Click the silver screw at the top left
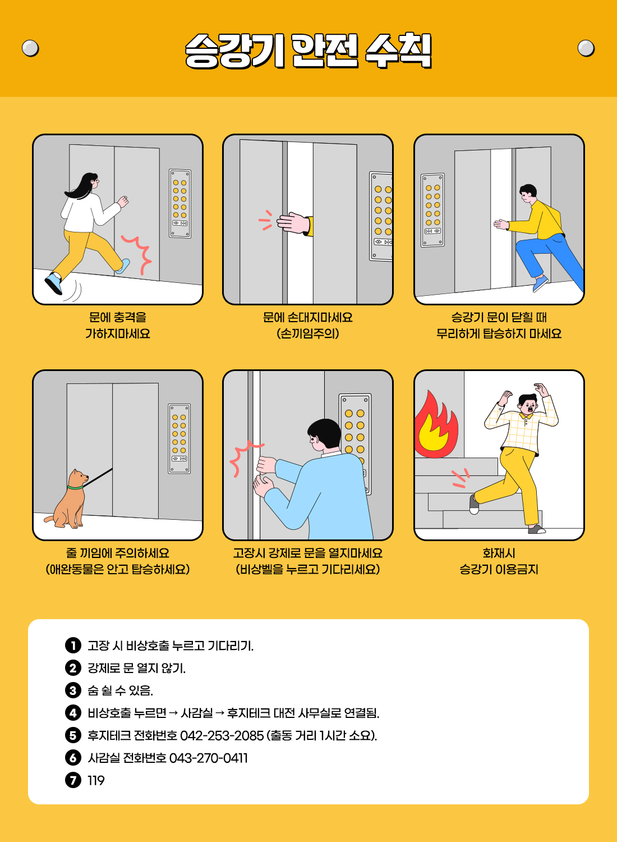click(30, 48)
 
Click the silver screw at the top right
click(586, 48)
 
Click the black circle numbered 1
click(73, 646)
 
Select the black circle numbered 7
click(73, 780)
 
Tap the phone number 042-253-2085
click(222, 735)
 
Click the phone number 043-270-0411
click(209, 758)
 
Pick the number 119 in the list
click(96, 780)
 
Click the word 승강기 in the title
click(234, 51)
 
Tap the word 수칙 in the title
click(399, 51)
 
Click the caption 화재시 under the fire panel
click(499, 553)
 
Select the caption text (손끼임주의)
click(308, 333)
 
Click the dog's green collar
click(75, 488)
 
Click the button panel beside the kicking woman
click(180, 204)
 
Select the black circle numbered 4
click(73, 713)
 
